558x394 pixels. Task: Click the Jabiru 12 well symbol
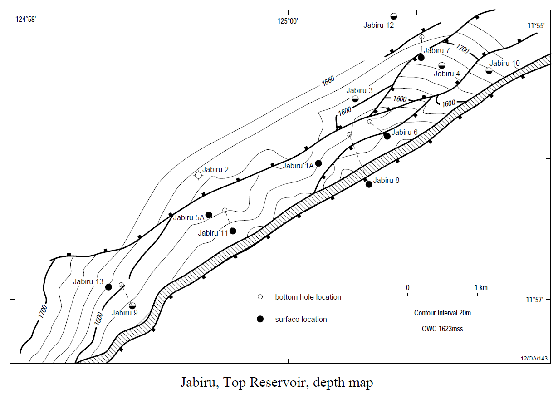pyautogui.click(x=394, y=16)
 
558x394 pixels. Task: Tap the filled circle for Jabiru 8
pyautogui.click(x=369, y=184)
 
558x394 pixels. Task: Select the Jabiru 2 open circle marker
pyautogui.click(x=198, y=175)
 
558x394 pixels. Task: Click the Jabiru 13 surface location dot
pyautogui.click(x=108, y=287)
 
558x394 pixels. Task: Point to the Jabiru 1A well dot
pyautogui.click(x=318, y=163)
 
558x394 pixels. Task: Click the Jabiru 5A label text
pyautogui.click(x=188, y=217)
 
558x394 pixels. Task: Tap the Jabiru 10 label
pyautogui.click(x=504, y=63)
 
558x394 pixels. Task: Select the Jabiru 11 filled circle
pyautogui.click(x=233, y=231)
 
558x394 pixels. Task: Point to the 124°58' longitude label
pyautogui.click(x=26, y=19)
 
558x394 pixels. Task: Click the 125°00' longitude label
pyautogui.click(x=288, y=20)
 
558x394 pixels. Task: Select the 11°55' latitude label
pyautogui.click(x=535, y=25)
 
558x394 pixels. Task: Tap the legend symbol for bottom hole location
pyautogui.click(x=260, y=297)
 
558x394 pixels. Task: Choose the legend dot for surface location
pyautogui.click(x=260, y=319)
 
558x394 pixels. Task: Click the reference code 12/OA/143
pyautogui.click(x=534, y=358)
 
